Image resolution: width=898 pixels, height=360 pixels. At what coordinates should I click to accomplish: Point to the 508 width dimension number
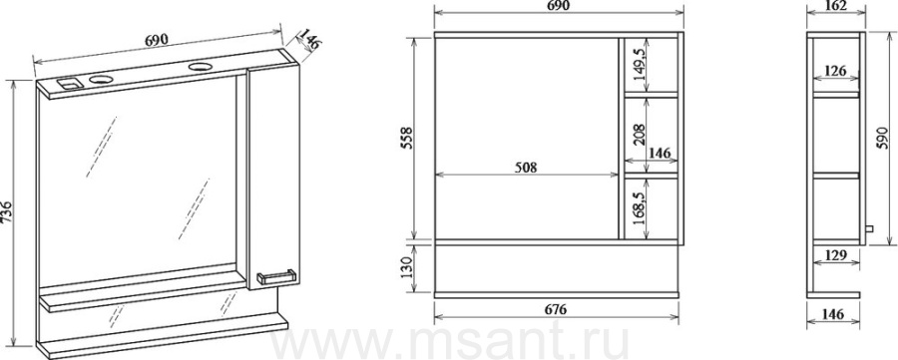click(x=526, y=168)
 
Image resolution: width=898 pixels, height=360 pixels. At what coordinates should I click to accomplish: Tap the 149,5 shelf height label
click(x=640, y=63)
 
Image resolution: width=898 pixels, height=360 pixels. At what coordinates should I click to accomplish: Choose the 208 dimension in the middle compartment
click(x=640, y=135)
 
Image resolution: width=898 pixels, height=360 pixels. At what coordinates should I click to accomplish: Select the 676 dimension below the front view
click(x=555, y=309)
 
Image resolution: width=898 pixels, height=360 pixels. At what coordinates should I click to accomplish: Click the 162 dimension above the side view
click(x=835, y=6)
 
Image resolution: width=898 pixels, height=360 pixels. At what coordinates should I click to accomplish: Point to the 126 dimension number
click(x=835, y=71)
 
